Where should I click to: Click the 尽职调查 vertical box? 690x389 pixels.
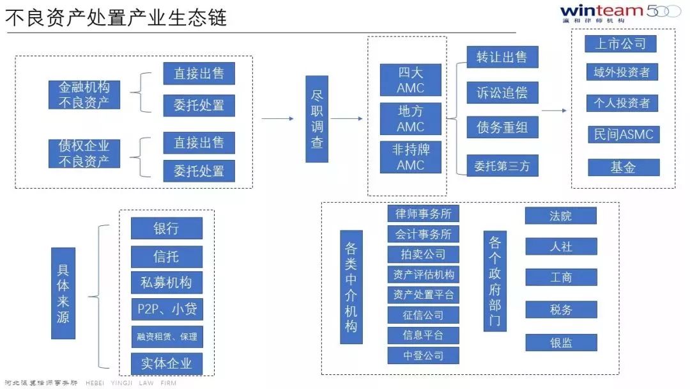click(x=316, y=120)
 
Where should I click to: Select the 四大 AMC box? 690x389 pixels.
click(x=410, y=79)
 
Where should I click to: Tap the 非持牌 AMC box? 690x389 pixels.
click(x=410, y=157)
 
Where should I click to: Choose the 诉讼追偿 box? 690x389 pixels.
click(x=502, y=92)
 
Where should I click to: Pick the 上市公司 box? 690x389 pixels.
click(x=620, y=44)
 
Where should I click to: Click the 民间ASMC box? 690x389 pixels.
click(x=622, y=134)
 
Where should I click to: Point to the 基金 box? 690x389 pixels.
click(x=622, y=167)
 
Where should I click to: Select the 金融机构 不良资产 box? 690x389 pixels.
click(x=84, y=94)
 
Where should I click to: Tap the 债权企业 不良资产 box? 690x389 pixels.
click(x=84, y=154)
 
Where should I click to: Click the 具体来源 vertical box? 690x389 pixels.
click(x=63, y=293)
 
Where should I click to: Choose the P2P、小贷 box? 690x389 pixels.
click(x=167, y=310)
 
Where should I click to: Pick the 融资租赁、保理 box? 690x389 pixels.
click(x=167, y=337)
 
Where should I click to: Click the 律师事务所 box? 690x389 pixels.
click(x=423, y=214)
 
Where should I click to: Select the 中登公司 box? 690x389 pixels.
click(x=423, y=355)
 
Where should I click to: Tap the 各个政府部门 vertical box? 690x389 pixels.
click(x=495, y=281)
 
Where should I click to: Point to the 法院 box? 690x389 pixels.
click(x=561, y=216)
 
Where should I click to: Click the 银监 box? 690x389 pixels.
click(x=561, y=342)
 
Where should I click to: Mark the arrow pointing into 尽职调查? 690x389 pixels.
click(x=281, y=119)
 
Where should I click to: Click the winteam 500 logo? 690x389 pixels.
click(x=619, y=12)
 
